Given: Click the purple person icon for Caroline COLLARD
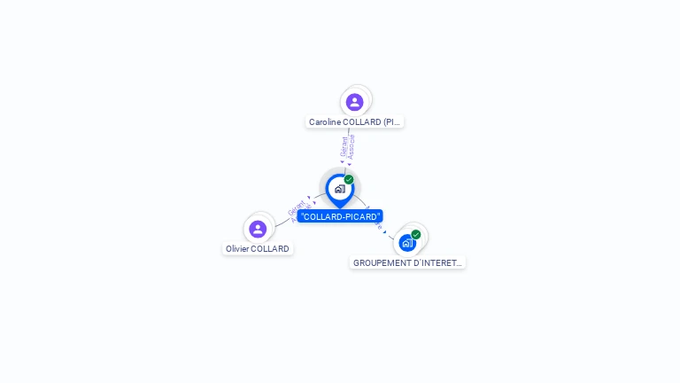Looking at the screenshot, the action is point(355,102).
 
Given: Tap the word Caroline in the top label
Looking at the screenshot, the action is point(328,122).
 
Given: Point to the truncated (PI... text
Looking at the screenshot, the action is point(392,122).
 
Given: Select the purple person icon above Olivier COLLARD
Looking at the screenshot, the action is point(258,229).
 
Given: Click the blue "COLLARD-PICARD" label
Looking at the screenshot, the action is point(340,216).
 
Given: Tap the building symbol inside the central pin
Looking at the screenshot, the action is point(339,189).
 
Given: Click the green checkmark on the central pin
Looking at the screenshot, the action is point(349,180).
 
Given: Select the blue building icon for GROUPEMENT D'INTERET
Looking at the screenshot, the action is point(406,242).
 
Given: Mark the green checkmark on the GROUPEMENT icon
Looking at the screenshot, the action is point(416,235).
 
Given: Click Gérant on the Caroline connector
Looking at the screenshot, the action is point(344,146).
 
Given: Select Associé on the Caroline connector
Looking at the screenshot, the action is point(352,146).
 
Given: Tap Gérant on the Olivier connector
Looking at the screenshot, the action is point(295,208).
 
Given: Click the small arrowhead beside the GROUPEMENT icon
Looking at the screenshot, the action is point(384,231).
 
